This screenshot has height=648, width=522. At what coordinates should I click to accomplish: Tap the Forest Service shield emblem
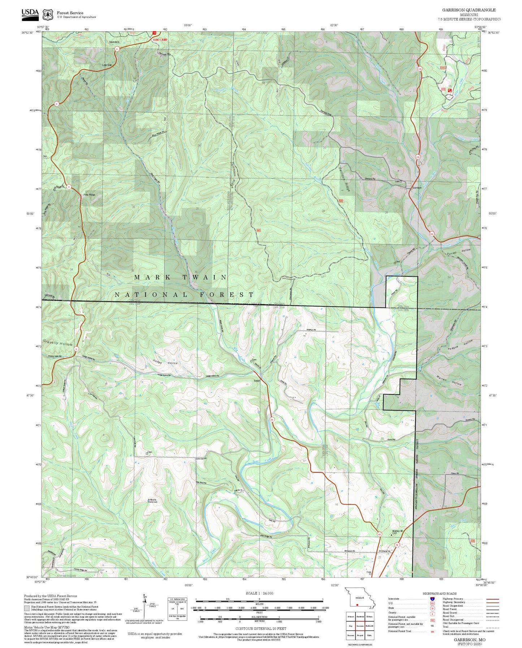[x=48, y=14]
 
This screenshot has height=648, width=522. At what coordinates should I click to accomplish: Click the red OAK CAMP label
[x=160, y=39]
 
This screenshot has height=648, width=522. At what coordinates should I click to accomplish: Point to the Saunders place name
[x=114, y=42]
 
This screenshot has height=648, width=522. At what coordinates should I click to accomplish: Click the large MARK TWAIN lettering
[x=181, y=277]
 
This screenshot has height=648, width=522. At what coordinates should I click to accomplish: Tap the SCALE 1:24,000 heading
[x=259, y=593]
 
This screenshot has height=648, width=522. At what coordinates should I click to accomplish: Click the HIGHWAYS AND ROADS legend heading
[x=440, y=593]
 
